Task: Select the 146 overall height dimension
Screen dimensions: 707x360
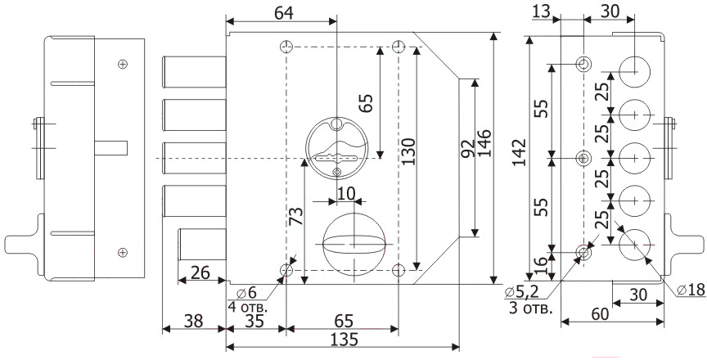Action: point(484,143)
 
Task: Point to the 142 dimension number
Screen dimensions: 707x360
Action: point(520,152)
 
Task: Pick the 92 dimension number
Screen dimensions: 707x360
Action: point(469,148)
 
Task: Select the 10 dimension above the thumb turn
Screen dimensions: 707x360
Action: point(346,193)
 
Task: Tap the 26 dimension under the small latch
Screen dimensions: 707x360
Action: point(200,272)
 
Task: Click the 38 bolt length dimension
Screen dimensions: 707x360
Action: point(193,321)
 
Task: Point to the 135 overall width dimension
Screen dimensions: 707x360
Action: point(343,339)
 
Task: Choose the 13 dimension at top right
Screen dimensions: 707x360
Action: point(542,11)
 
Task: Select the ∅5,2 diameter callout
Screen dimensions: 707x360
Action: point(522,293)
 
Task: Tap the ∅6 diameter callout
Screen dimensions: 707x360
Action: point(246,293)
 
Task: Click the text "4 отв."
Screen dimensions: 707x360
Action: point(248,308)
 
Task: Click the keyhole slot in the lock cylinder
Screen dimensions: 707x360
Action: point(337,158)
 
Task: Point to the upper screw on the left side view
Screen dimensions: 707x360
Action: point(122,64)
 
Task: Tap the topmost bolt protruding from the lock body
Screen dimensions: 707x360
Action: point(194,72)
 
